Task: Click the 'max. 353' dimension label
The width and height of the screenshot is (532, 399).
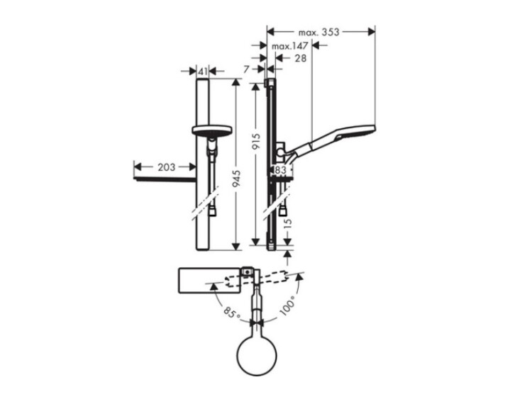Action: point(318,32)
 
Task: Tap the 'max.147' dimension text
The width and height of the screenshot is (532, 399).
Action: point(289,46)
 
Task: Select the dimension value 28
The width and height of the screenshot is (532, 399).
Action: point(300,58)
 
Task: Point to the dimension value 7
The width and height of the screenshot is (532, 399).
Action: point(246,69)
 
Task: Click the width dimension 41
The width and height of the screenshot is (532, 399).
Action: point(203,72)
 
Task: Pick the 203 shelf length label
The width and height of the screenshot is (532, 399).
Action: point(166,167)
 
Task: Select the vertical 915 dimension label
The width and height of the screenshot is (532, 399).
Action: point(256,142)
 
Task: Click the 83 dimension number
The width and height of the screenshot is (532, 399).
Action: point(280,170)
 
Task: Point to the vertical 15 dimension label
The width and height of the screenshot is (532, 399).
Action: point(287,223)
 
